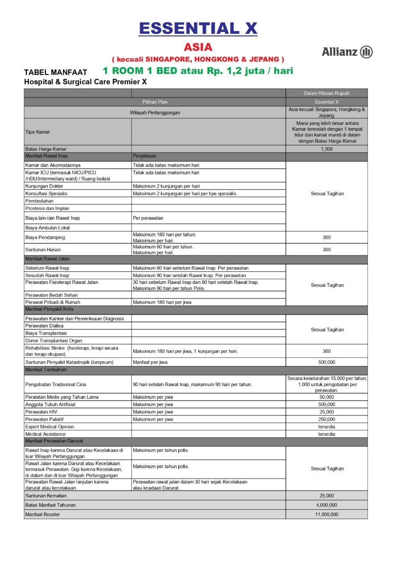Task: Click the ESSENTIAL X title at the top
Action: (x=198, y=28)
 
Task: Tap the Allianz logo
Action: (x=347, y=52)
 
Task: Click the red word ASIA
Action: (x=198, y=47)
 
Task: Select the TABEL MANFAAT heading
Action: (x=56, y=72)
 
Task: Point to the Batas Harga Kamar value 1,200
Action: (x=327, y=149)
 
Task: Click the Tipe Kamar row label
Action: (x=38, y=131)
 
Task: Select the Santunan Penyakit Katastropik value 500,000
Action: (x=327, y=362)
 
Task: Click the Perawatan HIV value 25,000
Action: (x=327, y=412)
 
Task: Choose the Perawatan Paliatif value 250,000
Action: (x=327, y=419)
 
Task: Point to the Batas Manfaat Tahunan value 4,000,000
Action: (x=327, y=505)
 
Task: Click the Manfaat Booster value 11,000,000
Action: (x=327, y=515)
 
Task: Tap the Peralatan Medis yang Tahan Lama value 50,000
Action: (x=327, y=397)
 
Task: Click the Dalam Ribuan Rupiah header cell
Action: (x=327, y=93)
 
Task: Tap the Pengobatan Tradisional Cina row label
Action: (x=56, y=384)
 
